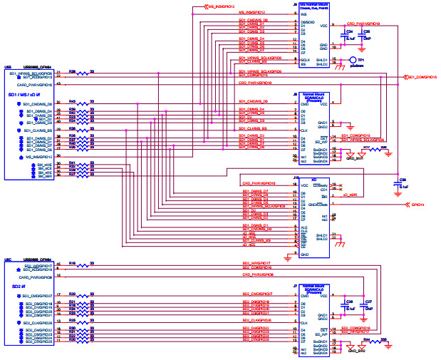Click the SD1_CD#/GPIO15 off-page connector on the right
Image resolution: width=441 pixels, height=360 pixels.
[x=417, y=77]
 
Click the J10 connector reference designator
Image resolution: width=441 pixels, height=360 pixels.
[x=296, y=178]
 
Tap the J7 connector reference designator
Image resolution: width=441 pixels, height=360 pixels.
[x=296, y=285]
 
